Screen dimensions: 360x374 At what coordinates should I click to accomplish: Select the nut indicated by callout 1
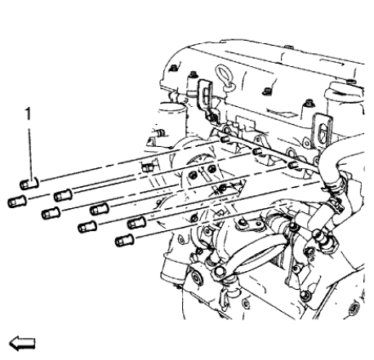[x=28, y=184]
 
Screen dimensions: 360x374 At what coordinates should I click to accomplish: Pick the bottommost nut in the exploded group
[x=124, y=242]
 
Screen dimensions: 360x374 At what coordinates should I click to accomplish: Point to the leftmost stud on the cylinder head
[x=221, y=140]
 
